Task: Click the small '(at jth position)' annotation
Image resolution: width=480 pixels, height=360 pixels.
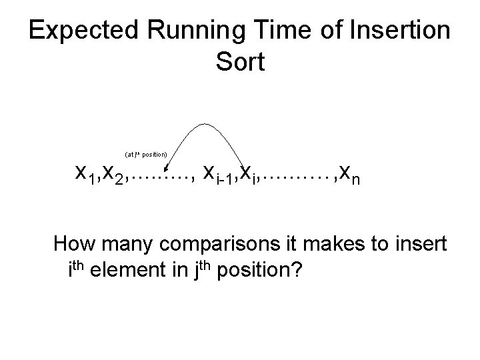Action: [x=147, y=154]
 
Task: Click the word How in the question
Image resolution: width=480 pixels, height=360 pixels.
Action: [x=72, y=244]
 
